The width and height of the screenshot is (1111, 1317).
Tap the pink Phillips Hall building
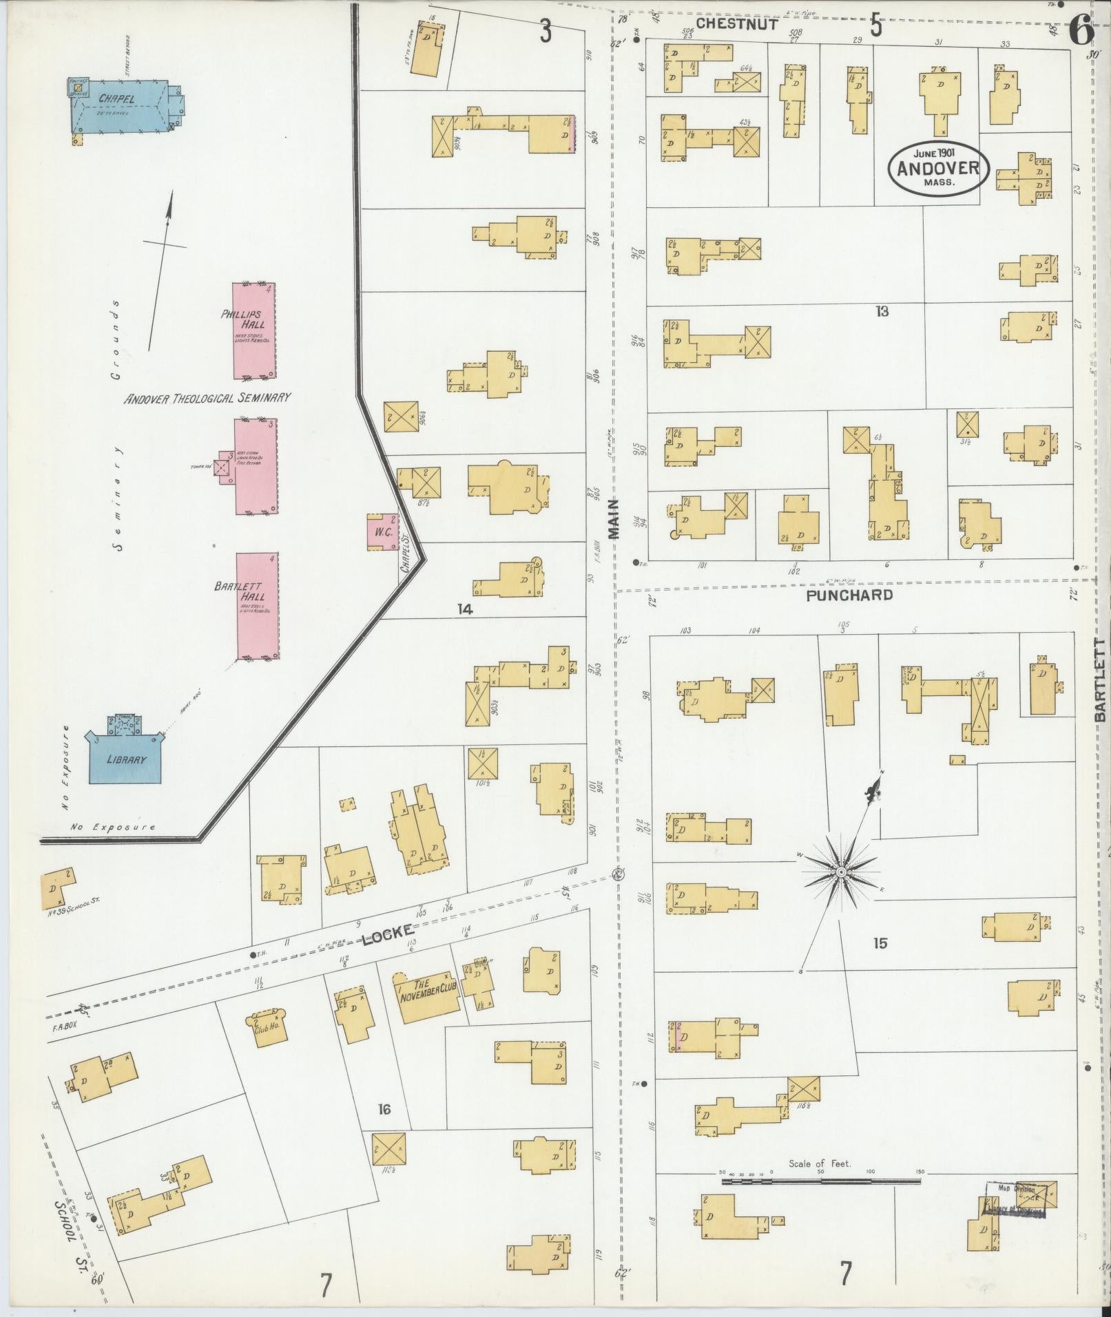(255, 330)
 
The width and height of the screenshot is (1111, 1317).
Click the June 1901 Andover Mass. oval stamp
(938, 167)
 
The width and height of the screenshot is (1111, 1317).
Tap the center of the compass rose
(841, 872)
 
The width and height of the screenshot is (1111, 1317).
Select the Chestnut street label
(736, 23)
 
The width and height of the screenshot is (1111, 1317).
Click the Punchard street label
(849, 594)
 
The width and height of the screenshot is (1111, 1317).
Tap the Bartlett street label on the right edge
(1099, 680)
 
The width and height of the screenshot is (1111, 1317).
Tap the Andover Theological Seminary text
(207, 397)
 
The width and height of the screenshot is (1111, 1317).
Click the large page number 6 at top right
(1081, 29)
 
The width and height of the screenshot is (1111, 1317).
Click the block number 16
(384, 1108)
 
